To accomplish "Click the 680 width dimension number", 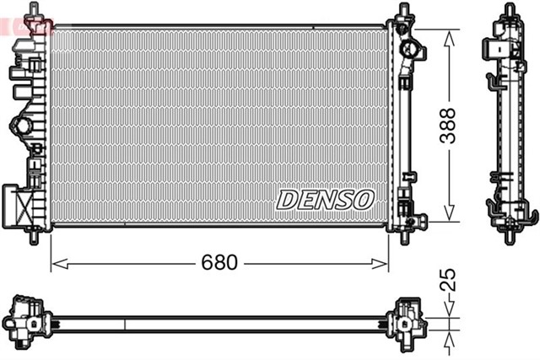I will point(219,262).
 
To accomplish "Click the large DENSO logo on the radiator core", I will point(324,201).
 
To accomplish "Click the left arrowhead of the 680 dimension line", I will point(56,263).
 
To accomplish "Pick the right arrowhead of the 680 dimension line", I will point(384,263).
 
